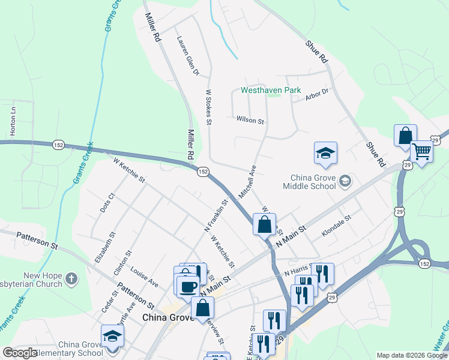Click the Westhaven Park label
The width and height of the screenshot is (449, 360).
click(x=270, y=91)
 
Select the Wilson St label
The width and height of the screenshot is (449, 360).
click(x=250, y=121)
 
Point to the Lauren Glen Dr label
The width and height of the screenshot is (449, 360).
click(x=187, y=56)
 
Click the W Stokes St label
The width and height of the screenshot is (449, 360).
click(x=209, y=107)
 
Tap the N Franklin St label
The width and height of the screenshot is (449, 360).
click(x=217, y=215)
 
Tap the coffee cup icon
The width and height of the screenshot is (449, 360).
click(x=187, y=286)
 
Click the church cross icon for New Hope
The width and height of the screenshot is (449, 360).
click(x=71, y=278)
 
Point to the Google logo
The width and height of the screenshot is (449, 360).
click(x=20, y=353)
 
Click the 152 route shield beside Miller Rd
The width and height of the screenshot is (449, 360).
click(x=203, y=172)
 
